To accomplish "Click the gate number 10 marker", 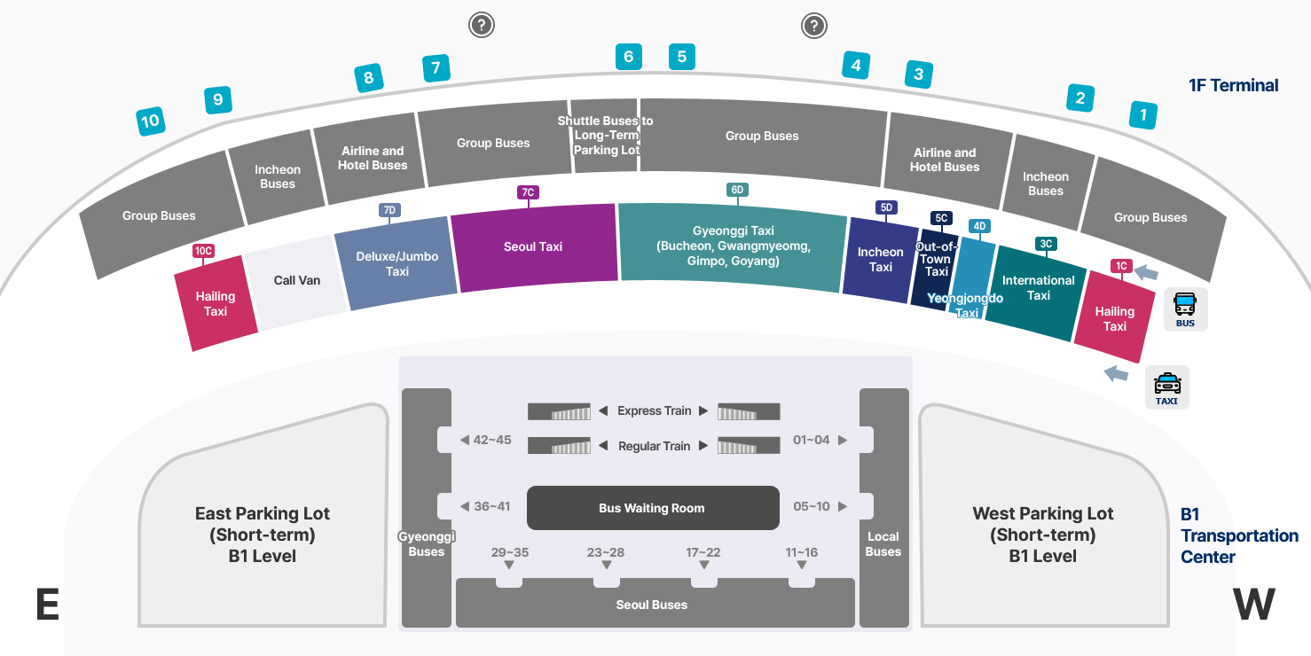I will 151,121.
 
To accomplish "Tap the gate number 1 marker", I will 1143,114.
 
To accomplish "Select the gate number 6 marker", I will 628,58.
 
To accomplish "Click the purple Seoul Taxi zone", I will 533,246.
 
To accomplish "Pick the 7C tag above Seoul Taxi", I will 528,192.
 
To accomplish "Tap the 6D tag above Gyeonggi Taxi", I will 737,190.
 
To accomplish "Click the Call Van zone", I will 296,280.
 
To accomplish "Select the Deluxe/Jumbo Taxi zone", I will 397,263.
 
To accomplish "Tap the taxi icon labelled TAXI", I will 1166,387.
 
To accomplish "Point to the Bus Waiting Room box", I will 652,508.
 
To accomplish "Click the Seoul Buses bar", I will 652,605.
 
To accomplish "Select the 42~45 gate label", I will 491,440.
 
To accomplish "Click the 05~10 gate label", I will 812,506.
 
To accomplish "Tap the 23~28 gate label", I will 606,552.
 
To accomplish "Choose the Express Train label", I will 654,410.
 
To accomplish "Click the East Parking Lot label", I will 263,535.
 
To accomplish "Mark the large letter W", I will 1254,605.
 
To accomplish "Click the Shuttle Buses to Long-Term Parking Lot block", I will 605,136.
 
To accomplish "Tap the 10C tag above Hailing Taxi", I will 203,251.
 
